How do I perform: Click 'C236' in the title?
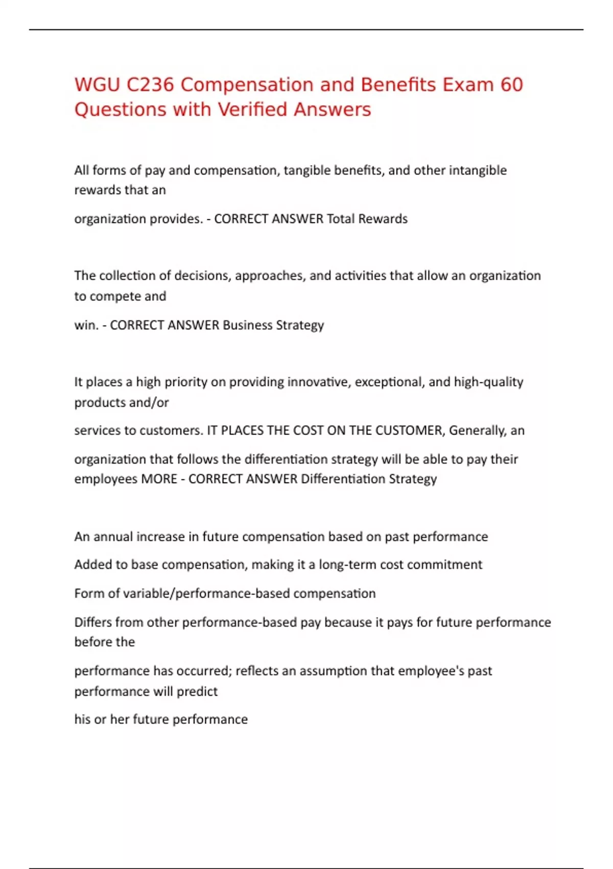[x=150, y=85]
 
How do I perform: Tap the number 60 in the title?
[x=511, y=85]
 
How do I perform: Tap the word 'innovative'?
[x=317, y=382]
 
